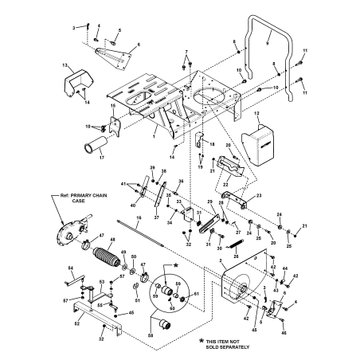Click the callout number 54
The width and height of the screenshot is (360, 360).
[x=70, y=268]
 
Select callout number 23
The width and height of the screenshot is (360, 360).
[x=259, y=197]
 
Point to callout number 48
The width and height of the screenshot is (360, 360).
[x=112, y=241]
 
